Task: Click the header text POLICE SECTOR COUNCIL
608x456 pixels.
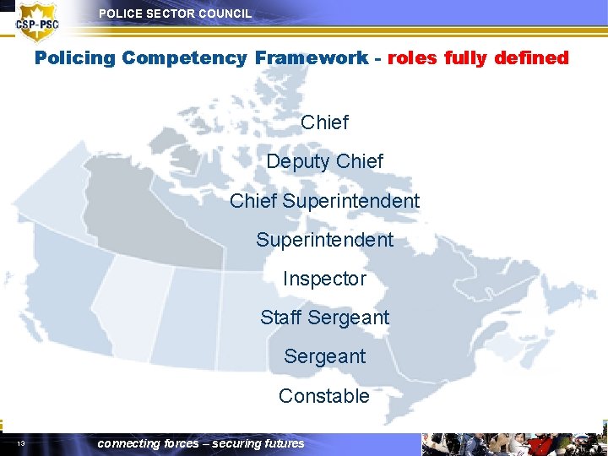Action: (x=175, y=14)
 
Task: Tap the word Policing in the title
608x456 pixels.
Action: (x=74, y=58)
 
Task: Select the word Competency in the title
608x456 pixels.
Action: (x=183, y=58)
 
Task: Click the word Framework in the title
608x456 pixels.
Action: (x=312, y=58)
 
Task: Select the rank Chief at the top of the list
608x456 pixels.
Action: (x=324, y=122)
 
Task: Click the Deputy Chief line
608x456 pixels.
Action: (x=324, y=161)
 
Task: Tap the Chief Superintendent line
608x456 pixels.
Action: (x=324, y=201)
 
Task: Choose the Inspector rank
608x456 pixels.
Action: (x=324, y=279)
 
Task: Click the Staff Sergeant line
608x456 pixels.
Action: (x=324, y=318)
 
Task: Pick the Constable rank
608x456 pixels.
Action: (x=324, y=396)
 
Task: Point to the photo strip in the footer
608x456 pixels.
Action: (x=513, y=444)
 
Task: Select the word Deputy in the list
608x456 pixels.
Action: (x=298, y=162)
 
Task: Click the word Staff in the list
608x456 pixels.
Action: (x=281, y=318)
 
